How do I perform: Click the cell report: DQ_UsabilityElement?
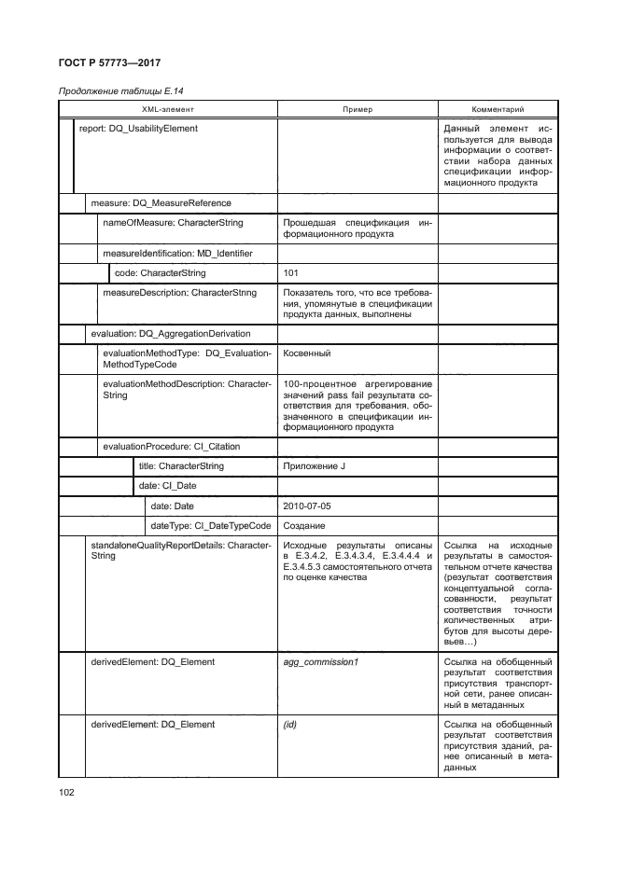pyautogui.click(x=139, y=129)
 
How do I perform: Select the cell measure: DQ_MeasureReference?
pyautogui.click(x=161, y=202)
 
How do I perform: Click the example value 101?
pyautogui.click(x=290, y=273)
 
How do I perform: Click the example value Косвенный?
pyautogui.click(x=306, y=353)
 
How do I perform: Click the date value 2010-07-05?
pyautogui.click(x=306, y=506)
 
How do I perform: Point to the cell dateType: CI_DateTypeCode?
pyautogui.click(x=211, y=525)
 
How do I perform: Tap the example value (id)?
pyautogui.click(x=289, y=724)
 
